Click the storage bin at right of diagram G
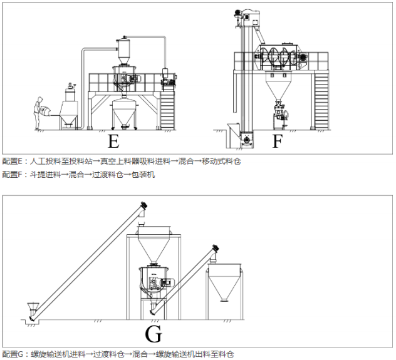coord(226,285)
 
